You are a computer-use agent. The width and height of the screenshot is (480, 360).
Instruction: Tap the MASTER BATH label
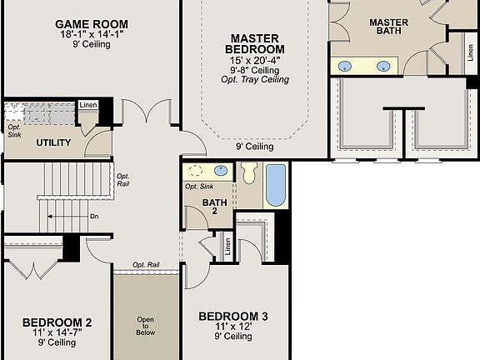pyautogui.click(x=388, y=26)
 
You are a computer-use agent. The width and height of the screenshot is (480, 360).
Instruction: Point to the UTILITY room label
pyautogui.click(x=53, y=142)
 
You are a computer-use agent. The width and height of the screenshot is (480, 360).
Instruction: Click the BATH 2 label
pyautogui.click(x=214, y=205)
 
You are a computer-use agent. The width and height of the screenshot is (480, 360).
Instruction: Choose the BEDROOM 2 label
pyautogui.click(x=57, y=322)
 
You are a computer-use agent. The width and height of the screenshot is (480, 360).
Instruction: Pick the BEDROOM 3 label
pyautogui.click(x=233, y=316)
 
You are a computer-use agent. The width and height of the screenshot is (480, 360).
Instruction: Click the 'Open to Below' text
pyautogui.click(x=146, y=325)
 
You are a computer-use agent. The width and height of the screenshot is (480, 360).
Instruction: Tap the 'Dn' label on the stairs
pyautogui.click(x=94, y=217)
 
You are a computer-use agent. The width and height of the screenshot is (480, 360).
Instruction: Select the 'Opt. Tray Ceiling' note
pyautogui.click(x=255, y=80)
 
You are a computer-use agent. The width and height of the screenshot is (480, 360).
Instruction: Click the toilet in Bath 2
pyautogui.click(x=248, y=174)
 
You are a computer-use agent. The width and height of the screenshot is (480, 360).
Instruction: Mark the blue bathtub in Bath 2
pyautogui.click(x=275, y=185)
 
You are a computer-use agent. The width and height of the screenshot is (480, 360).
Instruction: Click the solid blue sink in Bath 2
pyautogui.click(x=221, y=171)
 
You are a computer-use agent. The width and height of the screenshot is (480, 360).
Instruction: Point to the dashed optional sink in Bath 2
pyautogui.click(x=197, y=172)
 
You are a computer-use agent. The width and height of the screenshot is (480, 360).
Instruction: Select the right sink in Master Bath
pyautogui.click(x=384, y=66)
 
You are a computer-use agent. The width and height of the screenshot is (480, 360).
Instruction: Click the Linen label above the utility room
pyautogui.click(x=87, y=105)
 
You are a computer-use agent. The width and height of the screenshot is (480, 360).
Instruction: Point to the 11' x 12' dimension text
pyautogui.click(x=233, y=327)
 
